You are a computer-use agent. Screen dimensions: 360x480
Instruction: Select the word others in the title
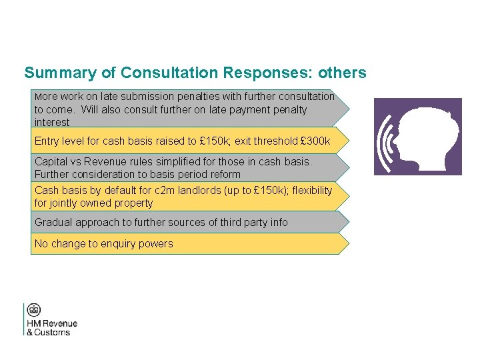pos(343,73)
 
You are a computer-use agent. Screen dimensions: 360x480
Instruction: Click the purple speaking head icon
pos(417,137)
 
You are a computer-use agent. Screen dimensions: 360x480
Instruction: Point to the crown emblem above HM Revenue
pos(34,310)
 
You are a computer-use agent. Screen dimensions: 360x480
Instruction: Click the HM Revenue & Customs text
pos(52,327)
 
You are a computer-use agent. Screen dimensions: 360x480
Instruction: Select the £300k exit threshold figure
pos(316,141)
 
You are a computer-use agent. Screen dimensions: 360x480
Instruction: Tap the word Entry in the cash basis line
pos(47,141)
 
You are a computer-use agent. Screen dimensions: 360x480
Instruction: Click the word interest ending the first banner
pos(52,122)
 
